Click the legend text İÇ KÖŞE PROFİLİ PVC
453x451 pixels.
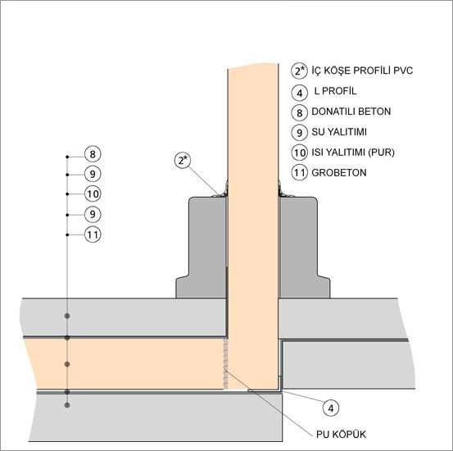point(362,71)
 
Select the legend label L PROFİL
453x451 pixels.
point(335,91)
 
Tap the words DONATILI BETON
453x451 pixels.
point(351,112)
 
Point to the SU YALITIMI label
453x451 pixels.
point(339,132)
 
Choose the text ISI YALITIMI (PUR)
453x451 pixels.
point(353,153)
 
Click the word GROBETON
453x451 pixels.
point(339,173)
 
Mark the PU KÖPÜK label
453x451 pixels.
point(341,435)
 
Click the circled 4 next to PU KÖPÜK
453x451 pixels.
point(331,408)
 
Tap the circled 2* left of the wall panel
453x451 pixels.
point(183,160)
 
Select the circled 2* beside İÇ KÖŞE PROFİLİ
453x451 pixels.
point(299,71)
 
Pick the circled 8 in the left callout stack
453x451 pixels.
point(93,154)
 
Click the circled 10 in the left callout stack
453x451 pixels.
point(93,194)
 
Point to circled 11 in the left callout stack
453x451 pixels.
point(93,235)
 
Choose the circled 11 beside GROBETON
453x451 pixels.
point(299,173)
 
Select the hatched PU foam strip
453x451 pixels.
point(225,364)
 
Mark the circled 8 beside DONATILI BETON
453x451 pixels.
point(299,112)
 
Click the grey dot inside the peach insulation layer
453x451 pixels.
point(67,364)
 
